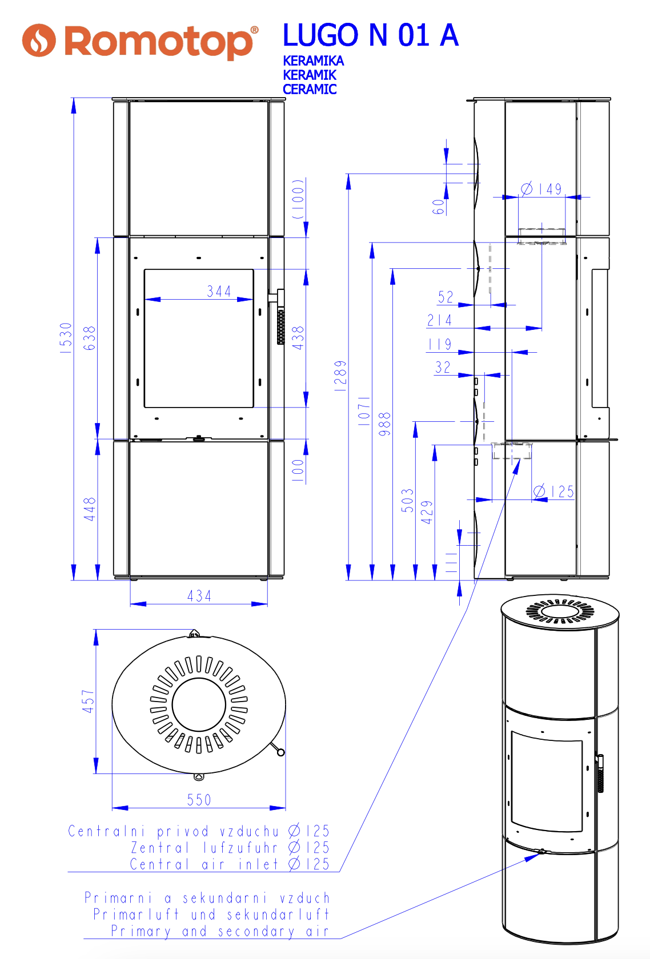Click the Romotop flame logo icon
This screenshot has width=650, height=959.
(39, 41)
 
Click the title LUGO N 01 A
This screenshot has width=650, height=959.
(370, 35)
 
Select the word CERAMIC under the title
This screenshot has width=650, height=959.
(310, 90)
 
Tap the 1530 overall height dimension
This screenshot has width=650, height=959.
(66, 338)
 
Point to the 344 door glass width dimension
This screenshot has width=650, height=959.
(219, 292)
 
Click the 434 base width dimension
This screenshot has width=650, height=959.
(199, 596)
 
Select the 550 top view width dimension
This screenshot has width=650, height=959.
(199, 800)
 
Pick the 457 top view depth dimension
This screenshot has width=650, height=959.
(88, 701)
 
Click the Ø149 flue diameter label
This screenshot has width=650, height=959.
(541, 189)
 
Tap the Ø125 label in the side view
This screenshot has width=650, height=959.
(553, 491)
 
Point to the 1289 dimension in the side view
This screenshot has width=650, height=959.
(340, 376)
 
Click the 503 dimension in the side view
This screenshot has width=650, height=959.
(407, 500)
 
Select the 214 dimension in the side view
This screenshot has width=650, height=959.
(439, 320)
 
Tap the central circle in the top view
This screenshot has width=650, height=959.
(199, 705)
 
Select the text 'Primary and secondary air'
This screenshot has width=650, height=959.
(220, 931)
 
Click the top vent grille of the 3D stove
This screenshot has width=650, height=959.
(560, 613)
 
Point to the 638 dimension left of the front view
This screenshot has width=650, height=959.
(90, 338)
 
